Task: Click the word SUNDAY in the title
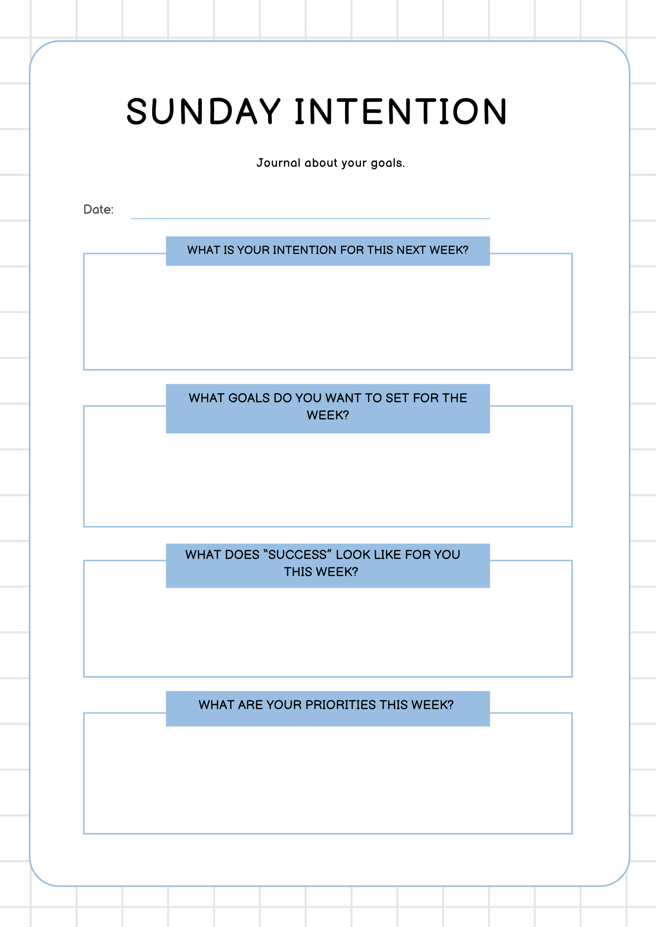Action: point(203,112)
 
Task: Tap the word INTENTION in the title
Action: point(401,112)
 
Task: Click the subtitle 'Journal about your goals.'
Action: point(330,163)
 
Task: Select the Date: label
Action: point(98,210)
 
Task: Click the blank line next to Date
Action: point(310,214)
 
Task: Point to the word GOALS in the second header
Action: point(249,398)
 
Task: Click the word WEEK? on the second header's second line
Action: point(328,415)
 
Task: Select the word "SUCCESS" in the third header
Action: point(297,555)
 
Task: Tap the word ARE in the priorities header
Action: point(250,705)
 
